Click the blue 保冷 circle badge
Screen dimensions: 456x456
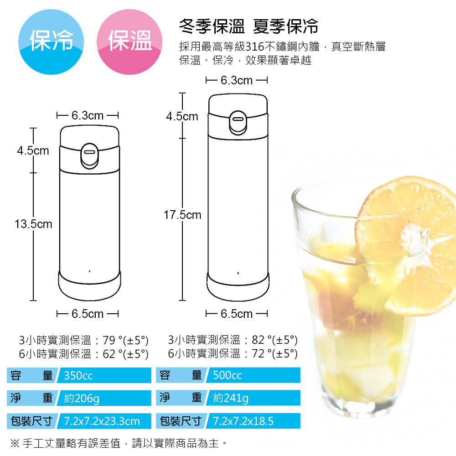click(x=52, y=41)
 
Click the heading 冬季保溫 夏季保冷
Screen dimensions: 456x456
click(x=249, y=27)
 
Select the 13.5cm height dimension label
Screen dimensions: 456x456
click(x=33, y=224)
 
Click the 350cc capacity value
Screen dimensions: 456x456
click(x=78, y=376)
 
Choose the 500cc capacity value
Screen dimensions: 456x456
click(x=228, y=376)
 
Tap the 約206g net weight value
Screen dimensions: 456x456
click(x=82, y=398)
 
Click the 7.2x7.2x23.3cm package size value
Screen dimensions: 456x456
click(x=102, y=421)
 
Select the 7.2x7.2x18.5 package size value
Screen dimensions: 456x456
click(x=244, y=421)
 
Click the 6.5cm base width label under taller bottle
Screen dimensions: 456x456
click(x=237, y=314)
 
